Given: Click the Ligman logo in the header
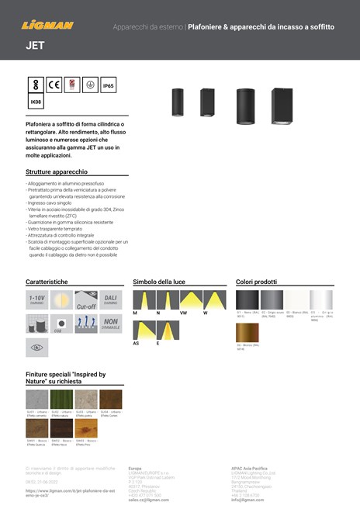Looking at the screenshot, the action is [x=48, y=25].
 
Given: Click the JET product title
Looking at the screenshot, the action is [x=35, y=46].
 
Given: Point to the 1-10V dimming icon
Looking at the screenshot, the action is [x=38, y=300].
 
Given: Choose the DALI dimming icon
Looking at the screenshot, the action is [x=110, y=300].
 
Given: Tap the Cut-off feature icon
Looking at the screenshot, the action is [x=86, y=300].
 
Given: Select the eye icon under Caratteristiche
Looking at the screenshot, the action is [x=38, y=348].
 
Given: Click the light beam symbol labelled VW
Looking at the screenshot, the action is [x=191, y=300].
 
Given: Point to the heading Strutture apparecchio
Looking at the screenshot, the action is [x=57, y=171].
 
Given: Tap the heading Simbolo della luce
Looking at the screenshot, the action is [x=158, y=281].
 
